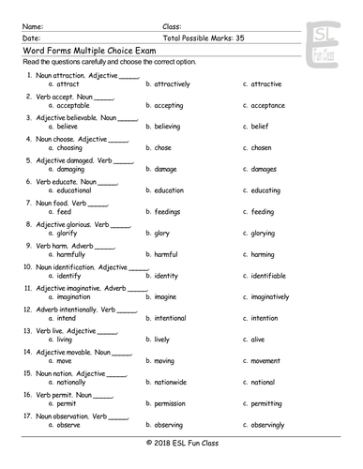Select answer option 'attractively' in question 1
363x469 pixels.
coord(172,83)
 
